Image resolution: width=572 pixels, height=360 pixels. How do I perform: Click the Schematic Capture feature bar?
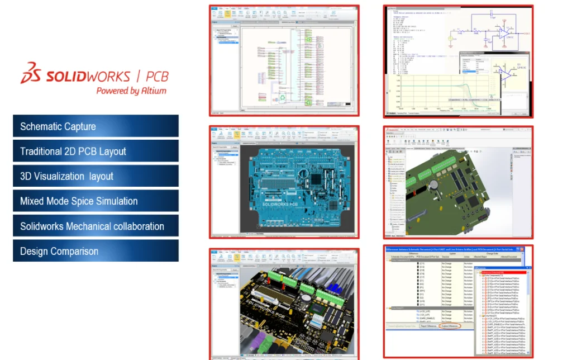(x=96, y=126)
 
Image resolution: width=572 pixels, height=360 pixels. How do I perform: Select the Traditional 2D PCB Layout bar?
(x=96, y=151)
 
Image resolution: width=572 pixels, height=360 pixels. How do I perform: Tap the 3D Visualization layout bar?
(x=96, y=176)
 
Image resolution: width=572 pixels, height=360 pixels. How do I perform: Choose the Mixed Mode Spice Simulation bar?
(x=96, y=201)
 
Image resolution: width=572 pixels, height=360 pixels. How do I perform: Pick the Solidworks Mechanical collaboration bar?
(x=96, y=226)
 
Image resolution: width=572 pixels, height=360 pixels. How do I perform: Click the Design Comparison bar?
(x=96, y=251)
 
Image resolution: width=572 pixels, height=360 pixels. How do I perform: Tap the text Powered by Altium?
(x=131, y=91)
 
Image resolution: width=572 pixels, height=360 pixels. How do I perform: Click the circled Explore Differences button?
(x=450, y=326)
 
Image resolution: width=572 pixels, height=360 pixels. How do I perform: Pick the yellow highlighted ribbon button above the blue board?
(x=237, y=134)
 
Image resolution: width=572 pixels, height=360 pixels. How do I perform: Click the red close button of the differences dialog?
(x=518, y=249)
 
